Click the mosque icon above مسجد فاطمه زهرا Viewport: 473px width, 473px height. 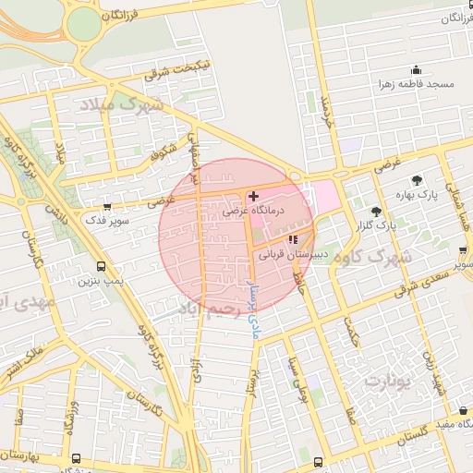(416, 69)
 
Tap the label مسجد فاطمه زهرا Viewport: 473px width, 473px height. (416, 84)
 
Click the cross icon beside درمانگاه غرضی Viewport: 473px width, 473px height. (254, 196)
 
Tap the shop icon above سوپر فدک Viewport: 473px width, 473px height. (109, 207)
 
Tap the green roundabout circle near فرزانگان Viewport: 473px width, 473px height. (84, 23)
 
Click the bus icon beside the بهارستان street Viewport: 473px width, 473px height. (74, 459)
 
